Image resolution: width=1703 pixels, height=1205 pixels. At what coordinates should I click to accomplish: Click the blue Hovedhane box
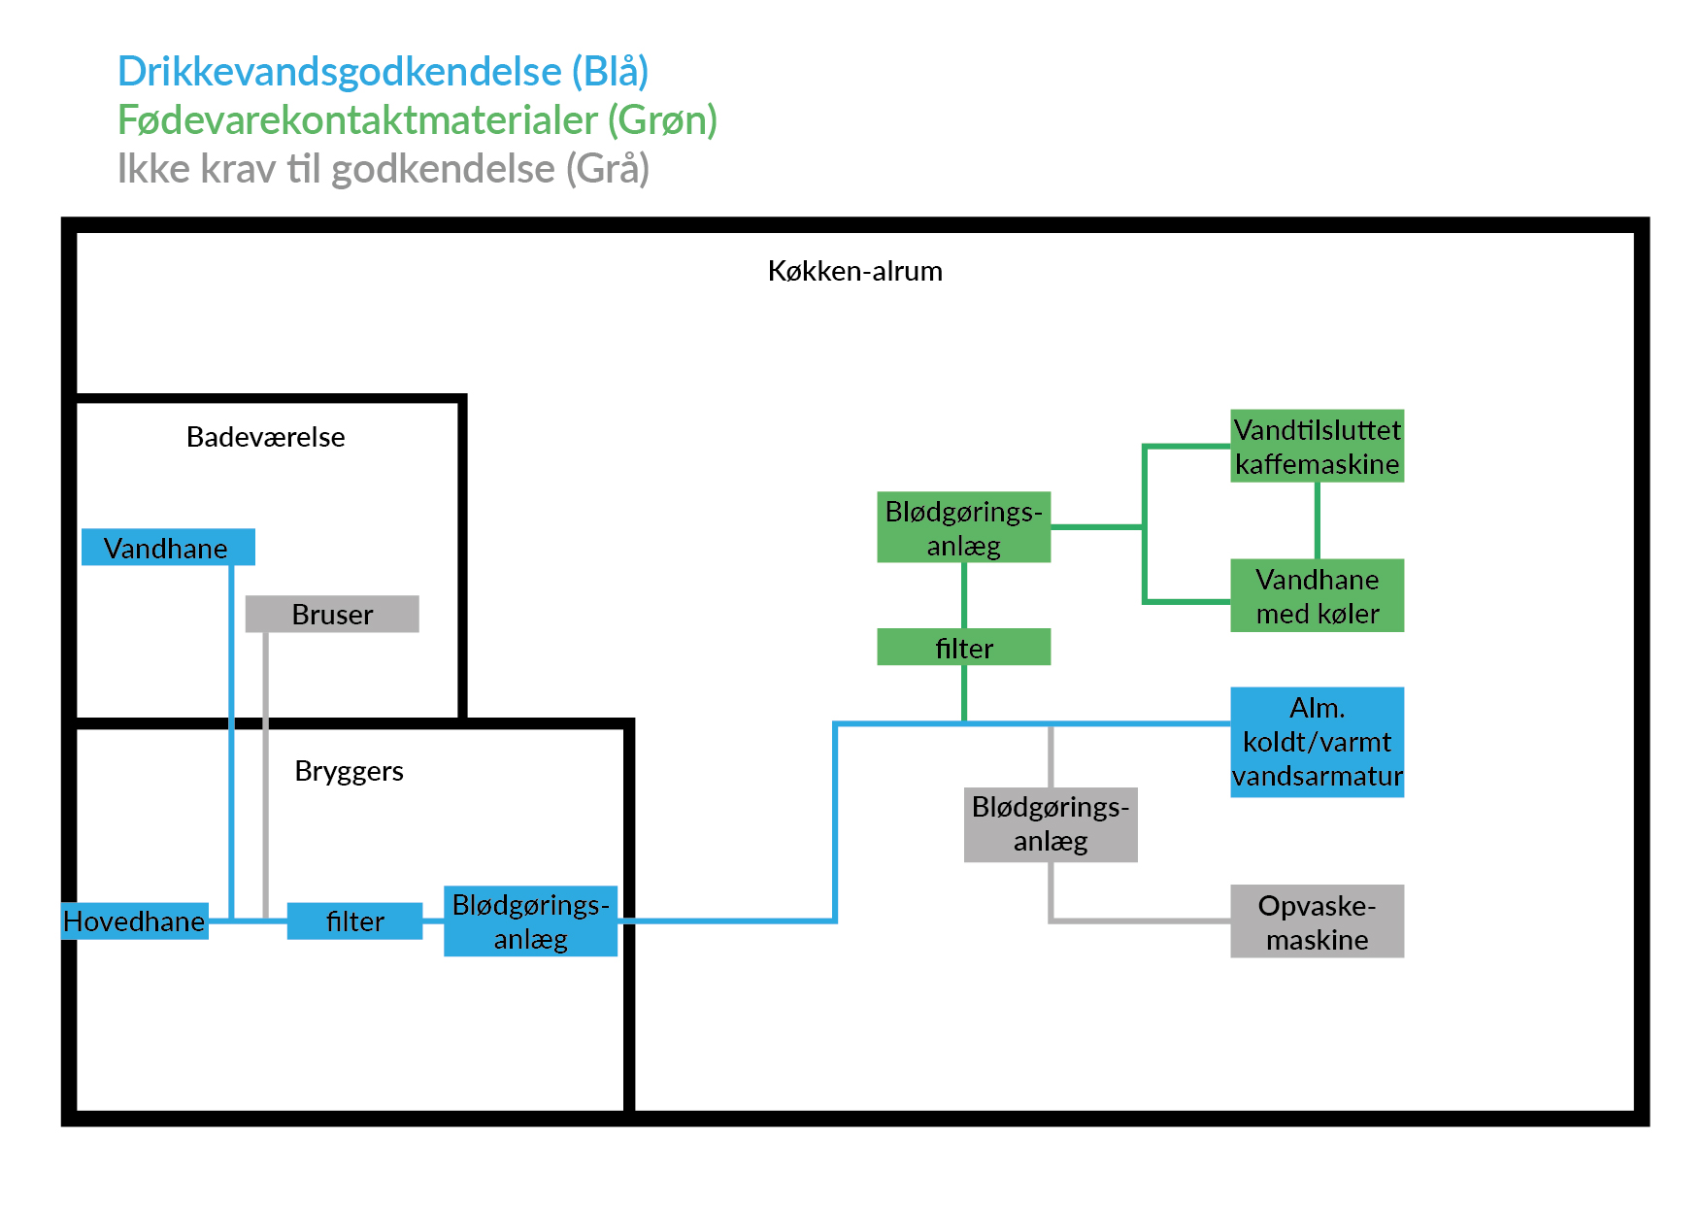click(x=135, y=920)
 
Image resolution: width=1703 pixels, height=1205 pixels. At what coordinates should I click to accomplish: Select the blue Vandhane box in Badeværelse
click(x=168, y=548)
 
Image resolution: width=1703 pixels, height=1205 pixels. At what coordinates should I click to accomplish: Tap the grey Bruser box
click(x=332, y=614)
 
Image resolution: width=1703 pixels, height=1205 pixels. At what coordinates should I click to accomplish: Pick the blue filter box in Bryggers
click(x=354, y=920)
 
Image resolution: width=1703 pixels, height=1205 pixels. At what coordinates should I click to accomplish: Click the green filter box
click(x=963, y=647)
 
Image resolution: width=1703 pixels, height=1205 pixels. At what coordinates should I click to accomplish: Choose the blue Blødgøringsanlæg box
click(x=530, y=920)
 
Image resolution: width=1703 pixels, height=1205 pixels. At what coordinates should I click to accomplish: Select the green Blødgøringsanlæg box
click(x=963, y=527)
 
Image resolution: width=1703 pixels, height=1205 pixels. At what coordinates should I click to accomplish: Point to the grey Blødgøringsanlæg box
click(x=1051, y=823)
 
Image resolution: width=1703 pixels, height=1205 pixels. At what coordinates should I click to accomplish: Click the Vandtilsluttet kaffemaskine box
click(x=1317, y=446)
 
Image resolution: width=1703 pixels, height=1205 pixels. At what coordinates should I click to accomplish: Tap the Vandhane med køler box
click(x=1317, y=595)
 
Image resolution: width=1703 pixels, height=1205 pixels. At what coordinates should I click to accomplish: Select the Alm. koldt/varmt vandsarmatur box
click(x=1317, y=742)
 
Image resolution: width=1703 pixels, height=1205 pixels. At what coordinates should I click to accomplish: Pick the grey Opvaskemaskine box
click(x=1317, y=920)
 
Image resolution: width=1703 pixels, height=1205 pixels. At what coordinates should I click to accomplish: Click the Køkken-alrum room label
click(x=854, y=271)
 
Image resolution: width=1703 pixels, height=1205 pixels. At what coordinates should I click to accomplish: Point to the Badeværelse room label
click(x=265, y=437)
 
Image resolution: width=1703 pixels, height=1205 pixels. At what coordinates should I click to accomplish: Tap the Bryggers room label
click(x=349, y=771)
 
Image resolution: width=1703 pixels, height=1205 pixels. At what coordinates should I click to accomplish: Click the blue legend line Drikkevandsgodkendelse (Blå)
click(x=383, y=72)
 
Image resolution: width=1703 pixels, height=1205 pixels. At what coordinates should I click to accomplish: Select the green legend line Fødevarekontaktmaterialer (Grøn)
click(x=417, y=120)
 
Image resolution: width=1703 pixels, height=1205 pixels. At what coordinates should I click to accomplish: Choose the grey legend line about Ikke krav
click(x=383, y=169)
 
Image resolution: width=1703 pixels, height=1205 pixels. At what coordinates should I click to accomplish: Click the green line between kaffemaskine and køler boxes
click(x=1317, y=520)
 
